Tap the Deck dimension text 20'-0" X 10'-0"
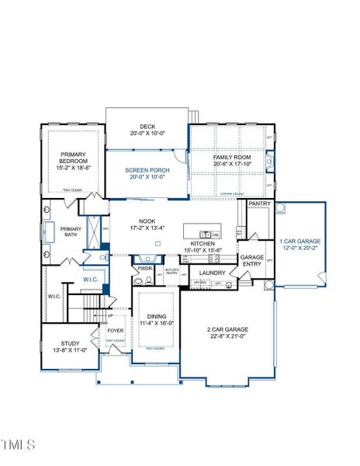(147, 134)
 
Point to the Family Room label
(230, 158)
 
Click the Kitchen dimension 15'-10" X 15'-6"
(203, 250)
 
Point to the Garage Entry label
(252, 260)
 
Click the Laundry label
(212, 273)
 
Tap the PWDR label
(145, 269)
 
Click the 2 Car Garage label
(228, 330)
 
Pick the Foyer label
(116, 330)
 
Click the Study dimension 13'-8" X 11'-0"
(66, 351)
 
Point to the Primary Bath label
(71, 232)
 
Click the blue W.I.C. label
(90, 279)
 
